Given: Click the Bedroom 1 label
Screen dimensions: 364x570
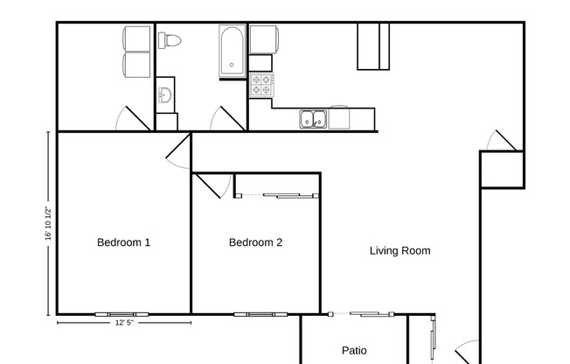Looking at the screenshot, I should point(123,242).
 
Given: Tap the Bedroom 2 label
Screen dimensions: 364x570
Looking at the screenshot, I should point(255,242).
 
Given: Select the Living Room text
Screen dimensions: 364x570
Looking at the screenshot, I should point(400,251).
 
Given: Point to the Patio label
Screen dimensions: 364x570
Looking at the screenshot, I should point(354,351).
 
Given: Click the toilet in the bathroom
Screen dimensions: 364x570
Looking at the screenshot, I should point(169,40).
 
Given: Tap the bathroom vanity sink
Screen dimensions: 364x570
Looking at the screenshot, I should point(165,96).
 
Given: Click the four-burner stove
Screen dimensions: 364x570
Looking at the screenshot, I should point(261,84).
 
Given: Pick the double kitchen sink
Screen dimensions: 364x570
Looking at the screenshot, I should point(313,119).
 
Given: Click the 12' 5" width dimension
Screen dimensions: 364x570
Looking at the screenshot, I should point(123,323).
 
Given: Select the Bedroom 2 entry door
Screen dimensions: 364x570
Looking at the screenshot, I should point(206,185).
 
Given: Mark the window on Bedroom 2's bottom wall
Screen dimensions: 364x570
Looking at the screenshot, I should point(254,313).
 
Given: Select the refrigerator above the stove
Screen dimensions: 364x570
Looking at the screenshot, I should point(263,40).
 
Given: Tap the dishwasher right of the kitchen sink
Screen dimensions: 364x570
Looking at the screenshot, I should point(339,118).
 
